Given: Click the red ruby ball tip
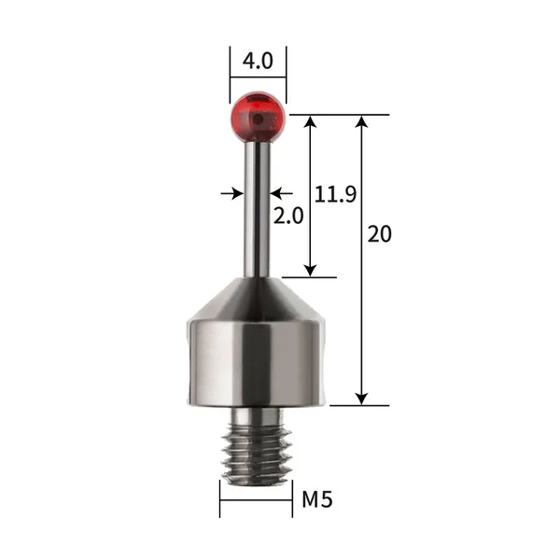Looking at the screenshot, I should coord(259,117).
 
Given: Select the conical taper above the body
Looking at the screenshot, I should coord(259,301).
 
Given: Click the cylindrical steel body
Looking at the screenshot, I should coord(259,364).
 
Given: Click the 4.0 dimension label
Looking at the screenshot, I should coord(258,61).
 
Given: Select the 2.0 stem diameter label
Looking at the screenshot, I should coord(288,216).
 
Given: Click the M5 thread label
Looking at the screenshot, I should coord(316,499).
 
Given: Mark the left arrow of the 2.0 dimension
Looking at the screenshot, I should coord(237,193).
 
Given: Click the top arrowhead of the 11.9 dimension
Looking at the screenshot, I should coord(309,122).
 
